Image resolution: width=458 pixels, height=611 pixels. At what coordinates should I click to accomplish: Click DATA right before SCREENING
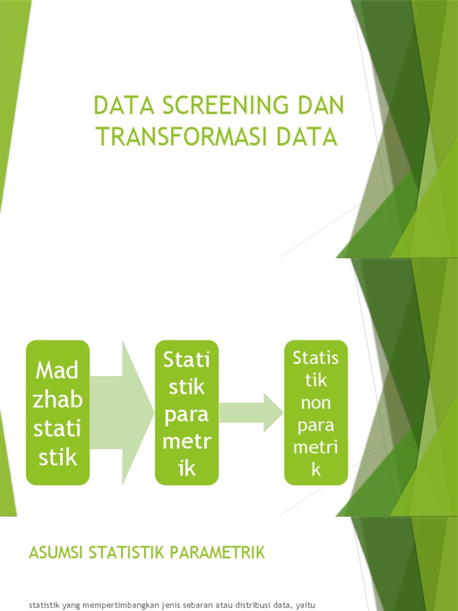pyautogui.click(x=120, y=107)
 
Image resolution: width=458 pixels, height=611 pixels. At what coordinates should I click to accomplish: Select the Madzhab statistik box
pyautogui.click(x=57, y=412)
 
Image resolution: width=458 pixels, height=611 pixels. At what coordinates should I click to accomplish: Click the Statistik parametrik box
pyautogui.click(x=187, y=412)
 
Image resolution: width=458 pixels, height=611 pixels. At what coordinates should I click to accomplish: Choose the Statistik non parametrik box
pyautogui.click(x=316, y=412)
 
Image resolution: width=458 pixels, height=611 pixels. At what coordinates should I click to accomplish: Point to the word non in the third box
pyautogui.click(x=316, y=402)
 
